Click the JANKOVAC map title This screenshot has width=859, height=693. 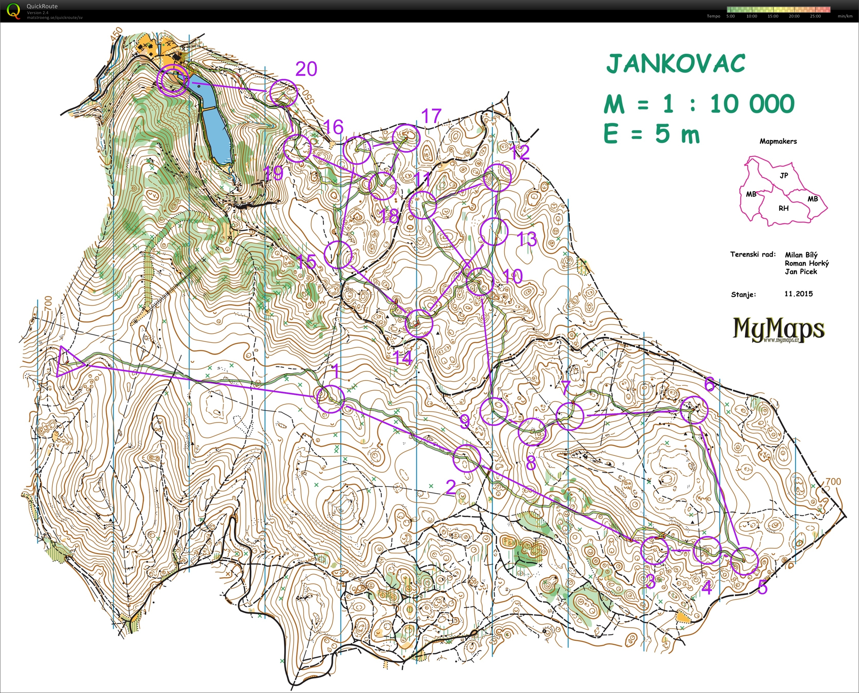tap(675, 64)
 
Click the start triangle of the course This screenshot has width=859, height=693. tap(68, 362)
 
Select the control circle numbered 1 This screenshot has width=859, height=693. tap(330, 399)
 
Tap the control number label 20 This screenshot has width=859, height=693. tap(306, 69)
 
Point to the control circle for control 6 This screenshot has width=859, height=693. tap(694, 410)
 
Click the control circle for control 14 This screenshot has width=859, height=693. tap(419, 323)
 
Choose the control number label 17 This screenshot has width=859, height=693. tap(431, 116)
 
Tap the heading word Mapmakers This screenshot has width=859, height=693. tap(778, 141)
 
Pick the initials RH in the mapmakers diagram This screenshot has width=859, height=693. tap(783, 208)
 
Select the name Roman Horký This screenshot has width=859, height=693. tap(806, 263)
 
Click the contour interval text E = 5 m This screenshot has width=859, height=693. tap(651, 134)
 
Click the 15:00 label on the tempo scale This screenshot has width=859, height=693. tap(772, 16)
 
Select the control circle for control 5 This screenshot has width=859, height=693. tap(744, 561)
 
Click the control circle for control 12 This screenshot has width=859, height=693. tap(497, 178)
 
